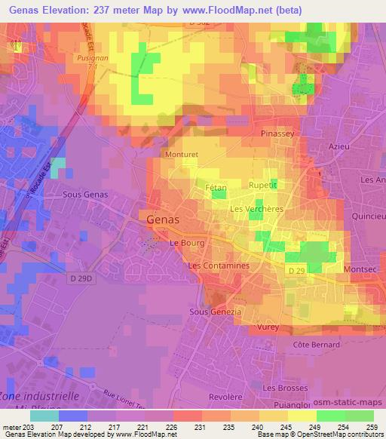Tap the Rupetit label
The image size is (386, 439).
[263, 184]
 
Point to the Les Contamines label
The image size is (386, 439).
[218, 266]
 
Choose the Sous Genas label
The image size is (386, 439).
[86, 195]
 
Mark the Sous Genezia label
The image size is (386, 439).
[215, 312]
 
